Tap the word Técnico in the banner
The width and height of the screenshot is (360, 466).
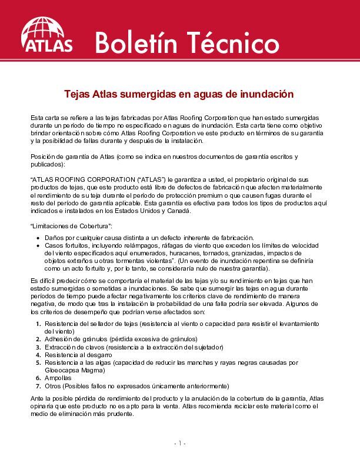234,42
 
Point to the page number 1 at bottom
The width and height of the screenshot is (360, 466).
180,442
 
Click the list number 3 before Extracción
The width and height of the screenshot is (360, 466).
39,348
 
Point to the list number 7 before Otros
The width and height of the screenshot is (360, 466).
39,386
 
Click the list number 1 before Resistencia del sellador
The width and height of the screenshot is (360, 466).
39,324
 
